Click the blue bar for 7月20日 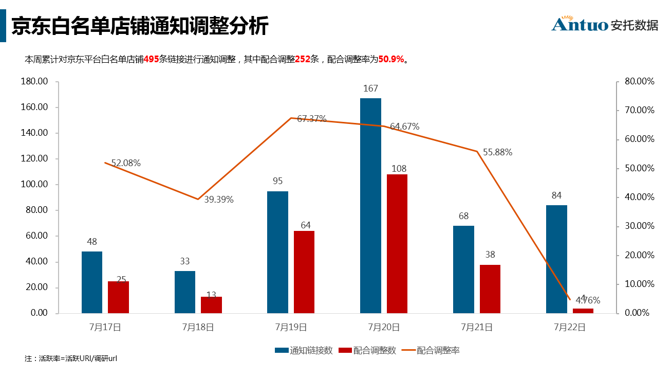370,205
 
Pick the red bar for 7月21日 490,289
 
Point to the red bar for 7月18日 211,304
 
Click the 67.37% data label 312,119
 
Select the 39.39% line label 219,200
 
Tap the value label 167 370,88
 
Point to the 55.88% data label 497,152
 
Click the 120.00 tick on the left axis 35,159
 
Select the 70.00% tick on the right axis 639,111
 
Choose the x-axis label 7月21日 476,327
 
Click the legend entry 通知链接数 304,350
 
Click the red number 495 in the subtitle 151,59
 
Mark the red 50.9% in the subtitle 391,59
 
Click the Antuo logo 604,24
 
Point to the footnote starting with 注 71,358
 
